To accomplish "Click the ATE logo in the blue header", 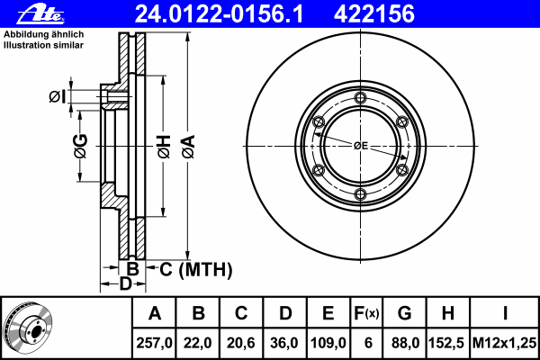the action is click(x=40, y=14).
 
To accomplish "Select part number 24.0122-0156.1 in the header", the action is click(x=219, y=13).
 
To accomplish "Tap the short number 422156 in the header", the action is click(x=374, y=13).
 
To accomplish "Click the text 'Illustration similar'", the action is click(x=43, y=45).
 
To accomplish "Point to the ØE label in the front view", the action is click(x=361, y=146).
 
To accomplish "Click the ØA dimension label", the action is click(x=189, y=147).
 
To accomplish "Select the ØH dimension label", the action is click(x=165, y=147).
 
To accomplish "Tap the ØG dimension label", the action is click(x=81, y=147).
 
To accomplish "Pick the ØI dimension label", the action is click(x=57, y=96).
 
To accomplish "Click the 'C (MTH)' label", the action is click(x=195, y=269).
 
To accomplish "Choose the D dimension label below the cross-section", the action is click(x=125, y=283).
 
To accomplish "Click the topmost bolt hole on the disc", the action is click(x=360, y=98).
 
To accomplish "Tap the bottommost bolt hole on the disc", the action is click(x=360, y=194).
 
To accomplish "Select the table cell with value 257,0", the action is click(x=154, y=343).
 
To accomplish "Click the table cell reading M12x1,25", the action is click(x=504, y=343).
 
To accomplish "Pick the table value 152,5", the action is click(x=447, y=343).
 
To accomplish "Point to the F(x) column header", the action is click(x=366, y=313).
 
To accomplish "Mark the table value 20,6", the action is click(x=241, y=343).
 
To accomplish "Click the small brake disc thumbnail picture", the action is click(x=28, y=328).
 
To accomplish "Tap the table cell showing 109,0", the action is click(x=328, y=343).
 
